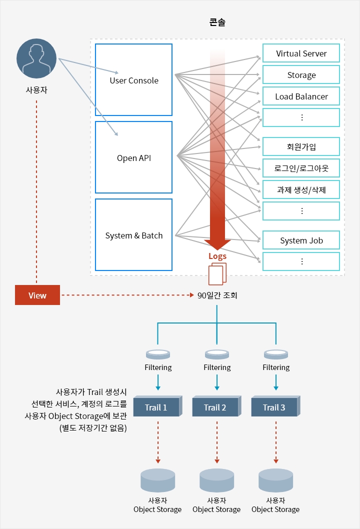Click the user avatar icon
coord(36,59)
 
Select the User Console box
coord(133,80)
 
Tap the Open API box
coord(133,157)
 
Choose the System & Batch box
coord(133,235)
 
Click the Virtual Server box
coord(301,53)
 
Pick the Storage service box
coord(301,75)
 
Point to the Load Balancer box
coord(301,96)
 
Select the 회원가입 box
coord(301,146)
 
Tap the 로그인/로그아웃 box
coord(301,168)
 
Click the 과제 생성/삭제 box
coord(301,189)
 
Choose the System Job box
coord(301,240)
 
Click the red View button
coord(37,295)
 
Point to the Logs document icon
coord(217,273)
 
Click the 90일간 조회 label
coord(217,295)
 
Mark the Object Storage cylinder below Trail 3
coord(275,480)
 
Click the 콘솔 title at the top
coord(217,22)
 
